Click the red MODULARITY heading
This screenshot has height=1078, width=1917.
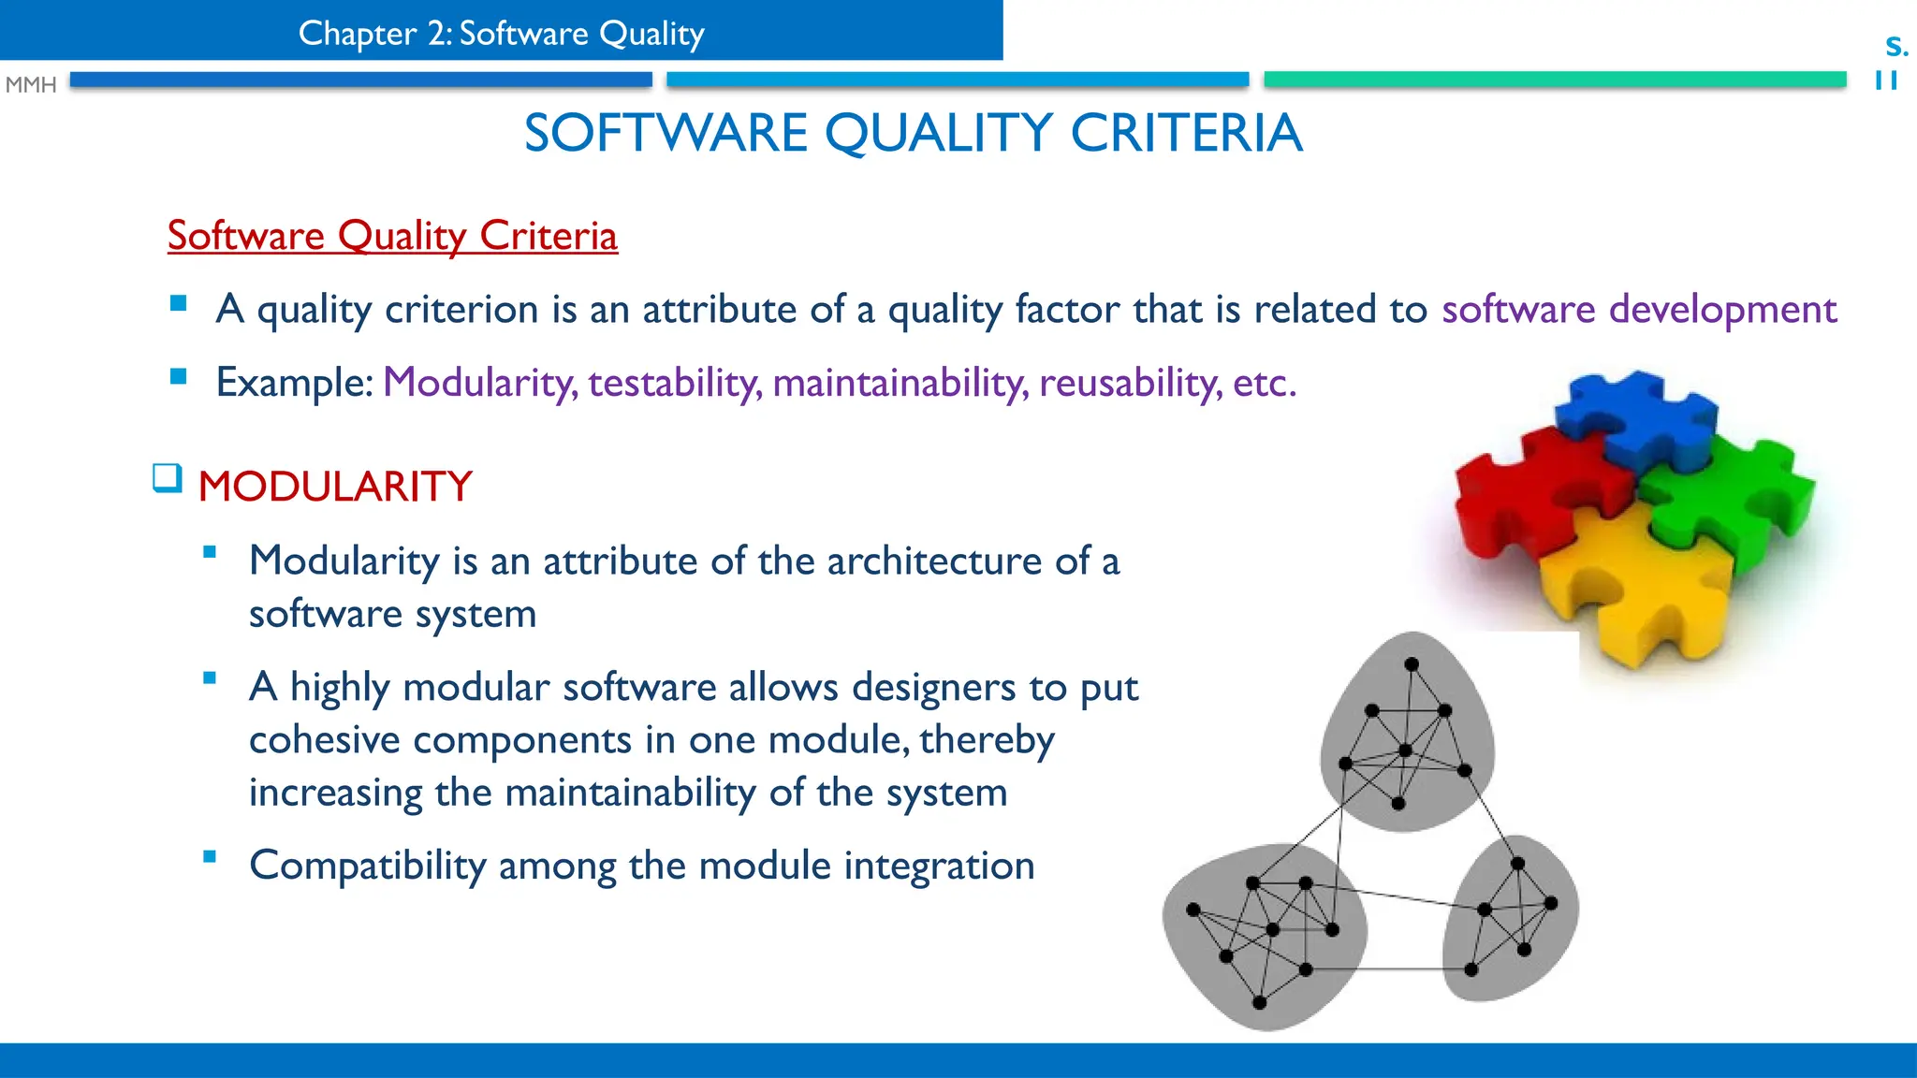point(335,487)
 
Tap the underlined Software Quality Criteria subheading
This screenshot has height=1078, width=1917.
point(392,236)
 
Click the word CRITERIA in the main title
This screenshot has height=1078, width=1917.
point(1186,133)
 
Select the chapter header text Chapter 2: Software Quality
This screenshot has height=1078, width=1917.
point(501,34)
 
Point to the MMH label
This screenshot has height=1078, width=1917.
point(31,85)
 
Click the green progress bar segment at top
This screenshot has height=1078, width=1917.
point(1555,80)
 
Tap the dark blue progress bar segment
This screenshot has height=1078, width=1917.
point(360,80)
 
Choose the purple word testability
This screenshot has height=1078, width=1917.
point(675,383)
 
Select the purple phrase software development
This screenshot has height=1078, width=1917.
point(1639,310)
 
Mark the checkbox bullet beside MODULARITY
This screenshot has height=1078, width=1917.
point(167,478)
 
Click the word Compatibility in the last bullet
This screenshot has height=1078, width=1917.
point(367,866)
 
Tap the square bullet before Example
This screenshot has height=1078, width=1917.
point(178,376)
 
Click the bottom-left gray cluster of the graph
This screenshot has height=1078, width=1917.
point(1264,936)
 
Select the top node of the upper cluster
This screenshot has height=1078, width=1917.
point(1412,664)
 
